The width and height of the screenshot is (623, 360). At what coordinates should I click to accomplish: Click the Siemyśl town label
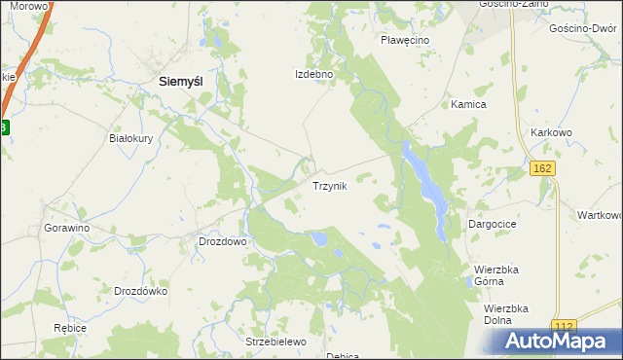tap(180, 84)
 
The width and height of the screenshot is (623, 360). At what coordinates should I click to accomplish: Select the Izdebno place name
tap(314, 74)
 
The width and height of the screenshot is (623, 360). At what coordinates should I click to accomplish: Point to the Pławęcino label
tap(406, 40)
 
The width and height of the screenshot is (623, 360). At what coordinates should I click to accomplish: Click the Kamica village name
tap(468, 104)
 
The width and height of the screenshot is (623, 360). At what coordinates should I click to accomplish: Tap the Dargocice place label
tap(492, 224)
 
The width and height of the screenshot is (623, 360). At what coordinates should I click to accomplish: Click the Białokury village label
tap(131, 138)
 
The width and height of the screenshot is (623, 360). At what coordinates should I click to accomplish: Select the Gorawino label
tap(67, 228)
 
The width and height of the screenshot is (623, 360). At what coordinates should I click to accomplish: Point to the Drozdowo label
tap(222, 240)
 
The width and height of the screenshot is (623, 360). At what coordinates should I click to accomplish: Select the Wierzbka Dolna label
tap(505, 314)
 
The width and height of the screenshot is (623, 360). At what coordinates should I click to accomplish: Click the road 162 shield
tap(543, 169)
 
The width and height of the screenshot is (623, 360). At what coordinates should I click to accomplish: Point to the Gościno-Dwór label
tap(583, 30)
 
